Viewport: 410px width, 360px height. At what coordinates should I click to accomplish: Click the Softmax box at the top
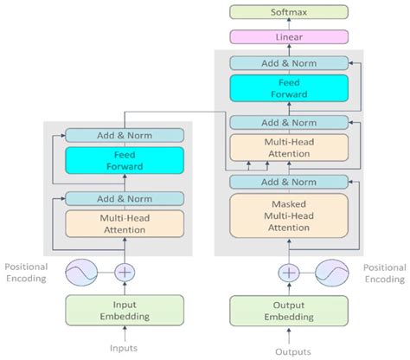click(289, 11)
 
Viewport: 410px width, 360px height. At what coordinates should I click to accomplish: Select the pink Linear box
click(289, 37)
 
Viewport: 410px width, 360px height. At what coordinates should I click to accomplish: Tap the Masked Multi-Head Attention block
click(289, 214)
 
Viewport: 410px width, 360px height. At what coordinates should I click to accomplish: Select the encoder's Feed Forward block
click(125, 161)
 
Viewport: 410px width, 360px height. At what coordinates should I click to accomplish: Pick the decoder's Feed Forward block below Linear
click(289, 88)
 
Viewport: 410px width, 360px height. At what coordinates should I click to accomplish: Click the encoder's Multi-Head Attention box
click(125, 223)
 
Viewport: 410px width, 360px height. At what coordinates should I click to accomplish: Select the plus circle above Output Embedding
click(289, 272)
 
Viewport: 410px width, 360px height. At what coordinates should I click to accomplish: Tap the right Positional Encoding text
click(383, 273)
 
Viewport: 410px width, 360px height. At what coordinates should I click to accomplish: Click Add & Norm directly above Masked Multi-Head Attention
click(289, 181)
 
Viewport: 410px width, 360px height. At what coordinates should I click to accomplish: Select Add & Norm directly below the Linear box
click(289, 62)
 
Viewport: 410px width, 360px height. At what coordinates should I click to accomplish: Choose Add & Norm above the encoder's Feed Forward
click(125, 135)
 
